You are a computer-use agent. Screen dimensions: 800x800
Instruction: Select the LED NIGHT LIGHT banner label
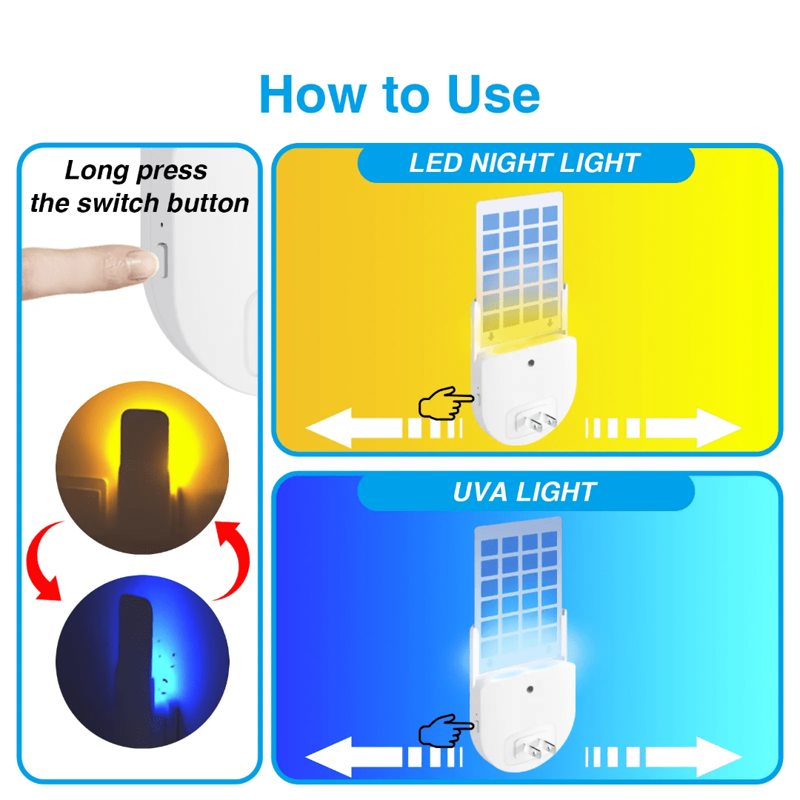point(524,164)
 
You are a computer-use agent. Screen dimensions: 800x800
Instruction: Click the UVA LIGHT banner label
point(524,492)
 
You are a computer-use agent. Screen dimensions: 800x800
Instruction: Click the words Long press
point(136,171)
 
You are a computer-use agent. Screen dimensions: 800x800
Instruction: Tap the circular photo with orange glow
point(142,467)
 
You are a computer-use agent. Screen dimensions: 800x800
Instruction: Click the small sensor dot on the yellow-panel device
point(531,364)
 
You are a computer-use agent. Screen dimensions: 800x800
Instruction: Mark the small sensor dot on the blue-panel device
point(531,690)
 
